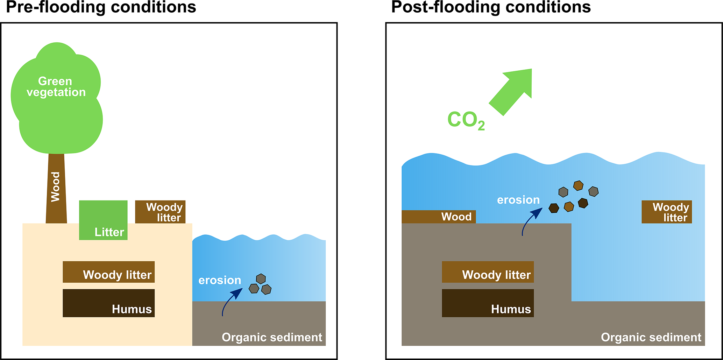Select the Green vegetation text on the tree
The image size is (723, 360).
(x=56, y=87)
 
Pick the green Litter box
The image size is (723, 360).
(x=103, y=220)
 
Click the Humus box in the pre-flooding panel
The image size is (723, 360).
(x=108, y=303)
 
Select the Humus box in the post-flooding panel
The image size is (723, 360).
(x=488, y=303)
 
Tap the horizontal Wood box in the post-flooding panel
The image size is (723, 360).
(x=439, y=217)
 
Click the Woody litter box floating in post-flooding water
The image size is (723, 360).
(x=667, y=212)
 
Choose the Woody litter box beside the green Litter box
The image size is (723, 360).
(x=160, y=212)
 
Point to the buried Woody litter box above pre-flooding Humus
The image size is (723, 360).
(x=108, y=272)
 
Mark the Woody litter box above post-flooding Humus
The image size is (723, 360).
(x=488, y=272)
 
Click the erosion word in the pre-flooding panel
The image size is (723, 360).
(x=220, y=280)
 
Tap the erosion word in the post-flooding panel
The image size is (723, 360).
(x=518, y=200)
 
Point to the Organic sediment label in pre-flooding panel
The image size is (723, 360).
(x=272, y=337)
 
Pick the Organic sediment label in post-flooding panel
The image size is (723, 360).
(x=651, y=337)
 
